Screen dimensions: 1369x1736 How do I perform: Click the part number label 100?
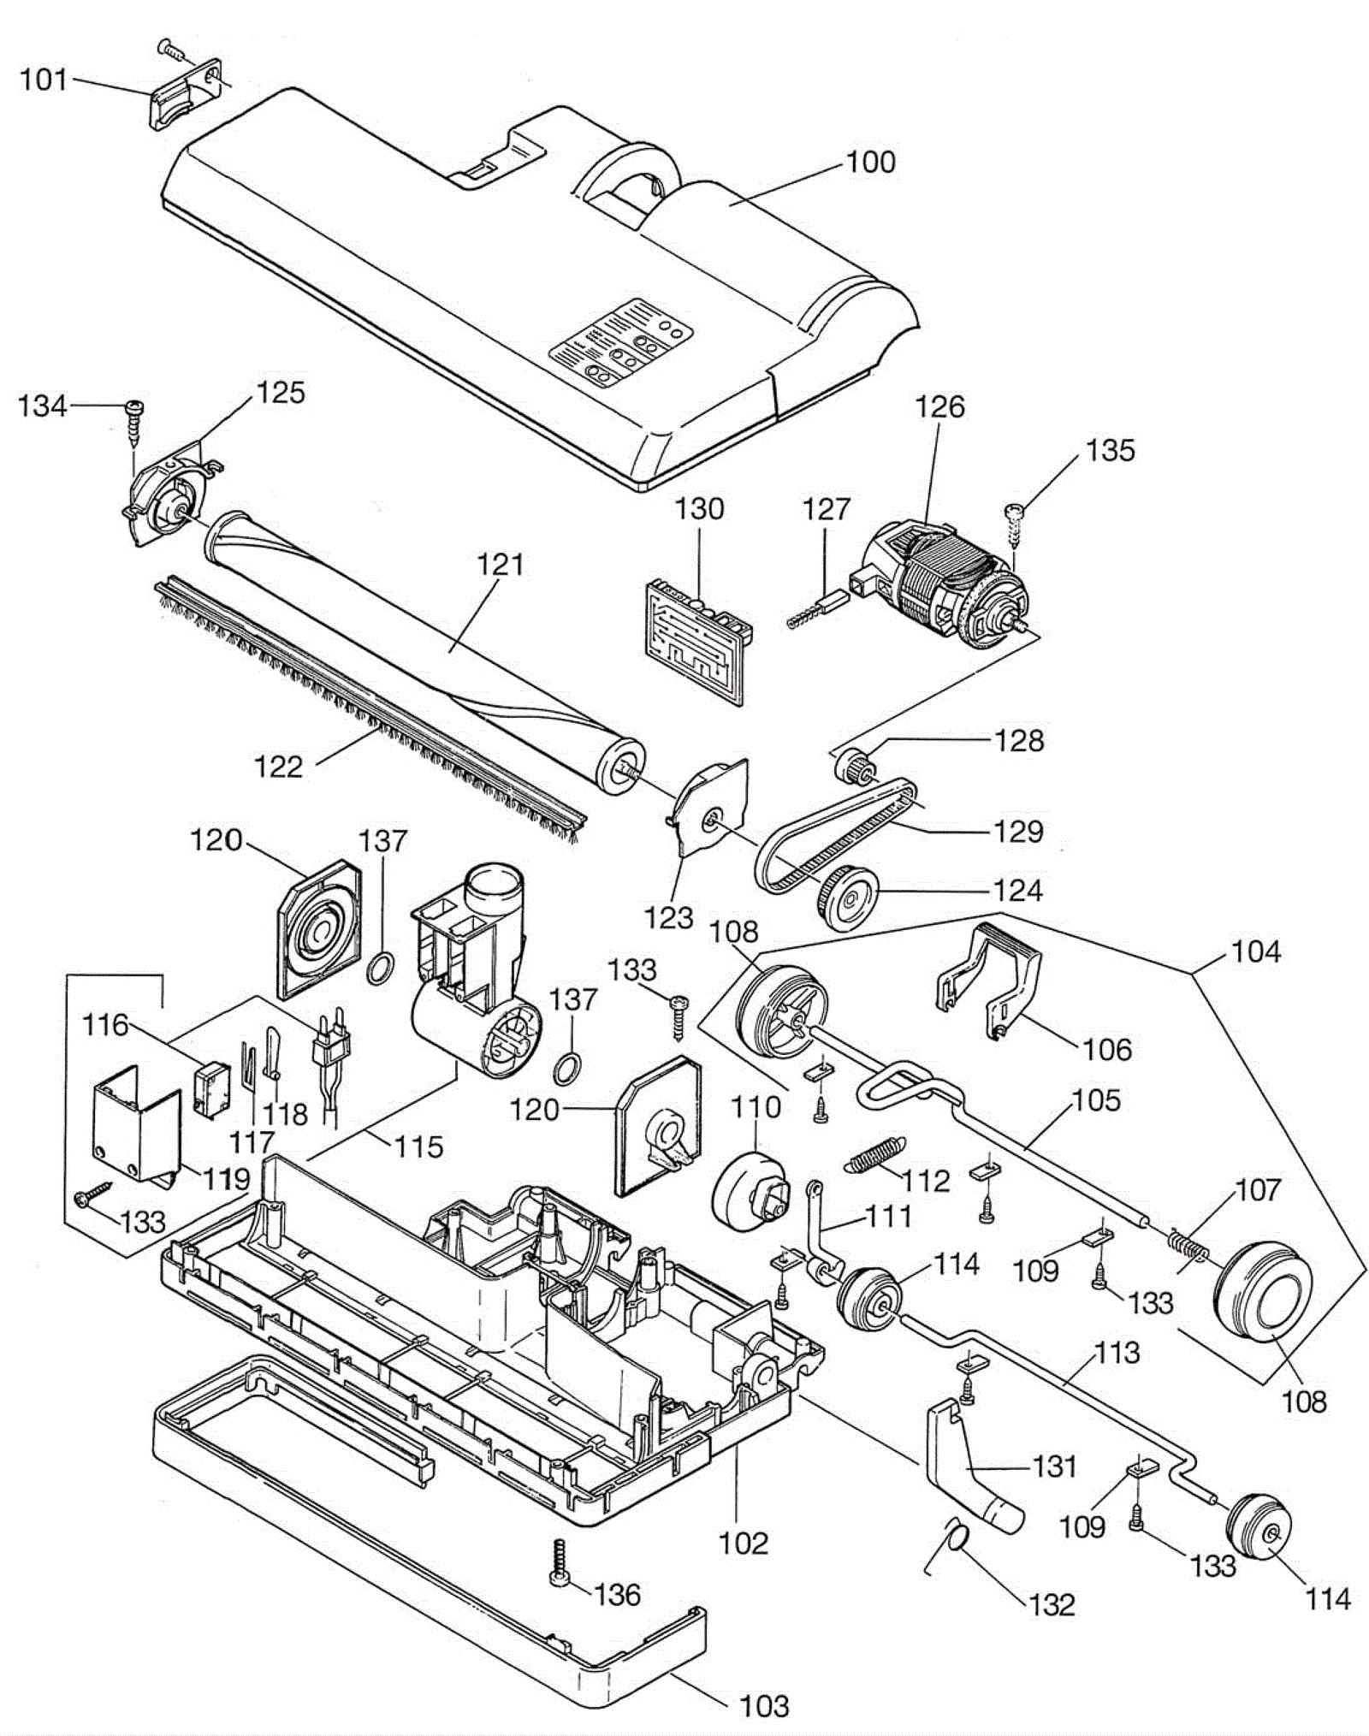pyautogui.click(x=870, y=163)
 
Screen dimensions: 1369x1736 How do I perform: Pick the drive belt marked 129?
pyautogui.click(x=835, y=834)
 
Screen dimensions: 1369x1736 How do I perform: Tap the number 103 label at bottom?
pyautogui.click(x=763, y=1706)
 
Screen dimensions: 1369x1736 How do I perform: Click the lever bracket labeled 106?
pyautogui.click(x=990, y=981)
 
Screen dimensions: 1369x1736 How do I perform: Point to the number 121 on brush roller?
pyautogui.click(x=500, y=565)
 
